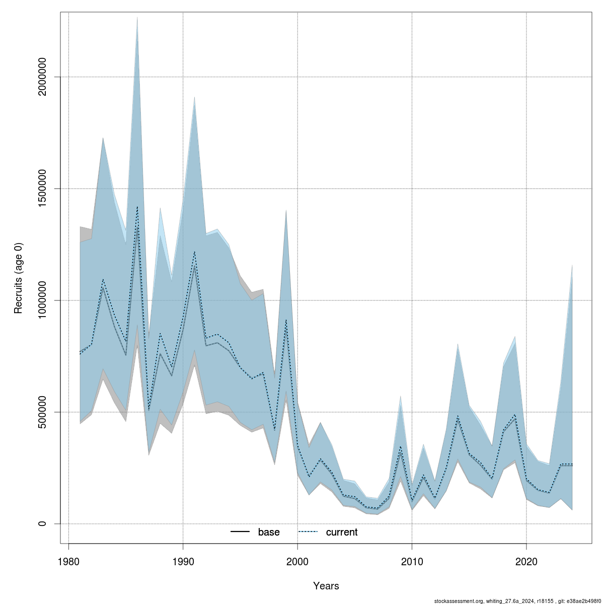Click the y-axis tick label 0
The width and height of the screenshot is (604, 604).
pyautogui.click(x=43, y=523)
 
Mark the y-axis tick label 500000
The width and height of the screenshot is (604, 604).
pyautogui.click(x=43, y=412)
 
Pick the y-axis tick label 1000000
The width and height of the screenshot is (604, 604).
pyautogui.click(x=43, y=300)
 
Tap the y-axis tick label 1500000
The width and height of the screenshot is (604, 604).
pyautogui.click(x=43, y=189)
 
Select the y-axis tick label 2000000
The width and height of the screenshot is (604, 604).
pyautogui.click(x=43, y=77)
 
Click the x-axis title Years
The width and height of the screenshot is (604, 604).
pyautogui.click(x=326, y=586)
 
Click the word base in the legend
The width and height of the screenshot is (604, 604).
pyautogui.click(x=269, y=532)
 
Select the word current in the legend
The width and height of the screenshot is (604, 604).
pyautogui.click(x=342, y=532)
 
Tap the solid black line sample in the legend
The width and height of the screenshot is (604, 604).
pyautogui.click(x=241, y=532)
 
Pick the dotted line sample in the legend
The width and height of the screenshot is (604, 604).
pyautogui.click(x=309, y=532)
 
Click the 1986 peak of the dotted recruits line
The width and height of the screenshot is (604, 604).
pyautogui.click(x=137, y=206)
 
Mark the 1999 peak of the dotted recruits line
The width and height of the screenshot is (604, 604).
pyautogui.click(x=286, y=320)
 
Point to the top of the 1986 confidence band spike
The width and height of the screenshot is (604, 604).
pyautogui.click(x=137, y=18)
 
